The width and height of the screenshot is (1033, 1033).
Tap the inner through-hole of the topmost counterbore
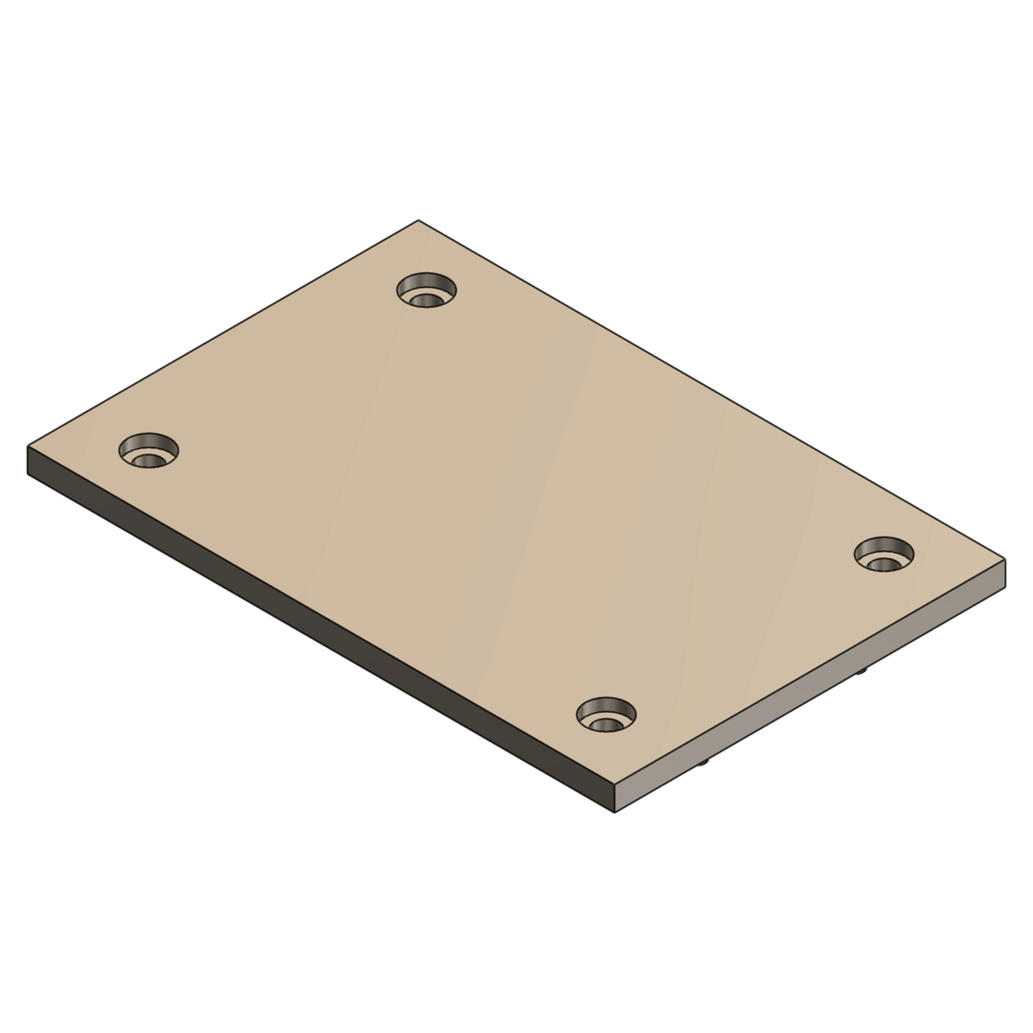coord(426,300)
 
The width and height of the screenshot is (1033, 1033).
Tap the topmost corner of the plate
coord(419,220)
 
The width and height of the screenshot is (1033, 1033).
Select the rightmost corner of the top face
coord(1005,560)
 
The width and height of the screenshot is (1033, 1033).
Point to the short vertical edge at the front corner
coord(613,800)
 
